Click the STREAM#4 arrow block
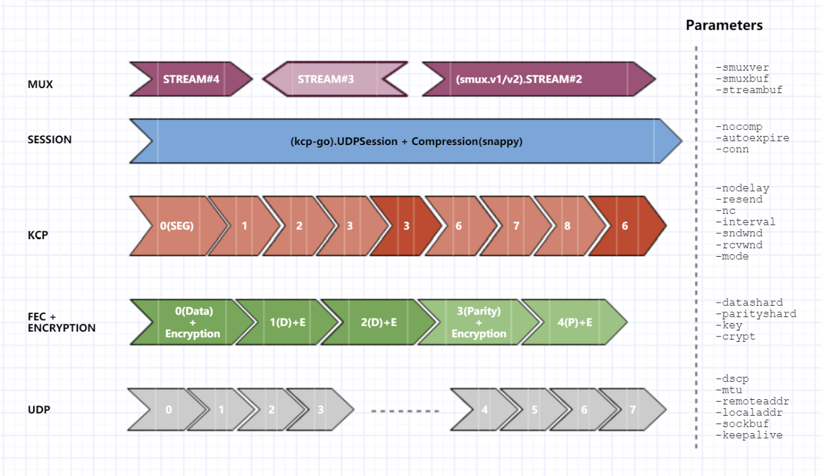190,79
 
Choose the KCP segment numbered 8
567,225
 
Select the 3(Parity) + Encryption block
479,323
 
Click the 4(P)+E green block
574,323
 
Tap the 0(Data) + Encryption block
192,323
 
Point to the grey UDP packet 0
169,410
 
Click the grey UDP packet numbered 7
632,410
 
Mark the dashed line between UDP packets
405,411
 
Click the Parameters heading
724,25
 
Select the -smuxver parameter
742,68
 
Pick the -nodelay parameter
742,188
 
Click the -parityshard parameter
756,314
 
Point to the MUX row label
40,85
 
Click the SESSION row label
50,140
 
